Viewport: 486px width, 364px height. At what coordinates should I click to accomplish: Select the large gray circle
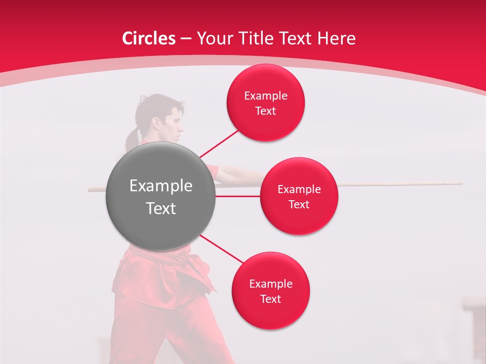point(160,196)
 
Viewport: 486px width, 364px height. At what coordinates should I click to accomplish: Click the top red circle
point(265,103)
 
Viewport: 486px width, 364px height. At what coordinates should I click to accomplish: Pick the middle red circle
point(299,196)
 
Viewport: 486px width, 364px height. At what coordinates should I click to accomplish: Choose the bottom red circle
point(270,291)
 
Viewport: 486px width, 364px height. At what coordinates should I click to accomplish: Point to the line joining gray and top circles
point(219,144)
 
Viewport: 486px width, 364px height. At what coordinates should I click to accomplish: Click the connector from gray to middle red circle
point(237,196)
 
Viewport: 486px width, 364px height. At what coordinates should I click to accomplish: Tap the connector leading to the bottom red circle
point(221,249)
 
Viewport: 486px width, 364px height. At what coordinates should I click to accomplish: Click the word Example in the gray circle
point(160,186)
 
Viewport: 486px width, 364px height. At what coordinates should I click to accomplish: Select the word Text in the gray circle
point(160,208)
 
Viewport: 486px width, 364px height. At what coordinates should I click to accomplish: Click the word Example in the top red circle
point(265,96)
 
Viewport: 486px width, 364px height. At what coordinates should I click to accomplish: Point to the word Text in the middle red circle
point(299,204)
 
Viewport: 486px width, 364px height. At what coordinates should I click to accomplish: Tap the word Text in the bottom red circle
point(270,299)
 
